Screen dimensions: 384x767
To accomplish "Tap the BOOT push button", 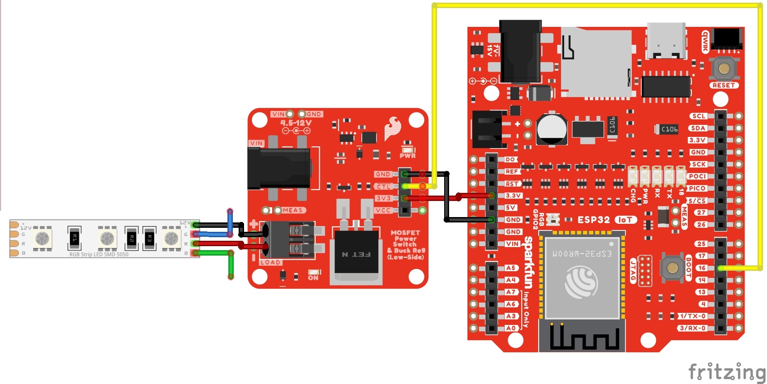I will coord(672,268).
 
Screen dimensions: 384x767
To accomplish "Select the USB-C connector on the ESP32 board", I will coord(666,41).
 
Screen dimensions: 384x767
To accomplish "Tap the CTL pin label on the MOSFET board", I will coord(383,187).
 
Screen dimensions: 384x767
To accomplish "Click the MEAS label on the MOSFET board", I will coord(293,210).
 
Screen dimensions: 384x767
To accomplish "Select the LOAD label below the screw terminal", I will coord(270,262).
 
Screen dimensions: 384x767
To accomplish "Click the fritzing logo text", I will coord(726,372).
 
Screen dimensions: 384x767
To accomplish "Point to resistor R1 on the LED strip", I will coord(74,238).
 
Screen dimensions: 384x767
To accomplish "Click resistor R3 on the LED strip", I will coord(150,238).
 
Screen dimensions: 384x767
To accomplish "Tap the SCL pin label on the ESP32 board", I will coord(698,116).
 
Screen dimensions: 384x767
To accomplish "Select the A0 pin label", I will coord(511,328).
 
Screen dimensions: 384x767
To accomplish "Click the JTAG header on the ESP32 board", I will coord(645,270).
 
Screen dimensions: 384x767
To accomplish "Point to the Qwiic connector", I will coord(727,39).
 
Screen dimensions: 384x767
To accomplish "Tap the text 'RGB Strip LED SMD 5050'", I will coord(99,254).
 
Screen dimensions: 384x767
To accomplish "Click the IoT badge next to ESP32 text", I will coord(626,220).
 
